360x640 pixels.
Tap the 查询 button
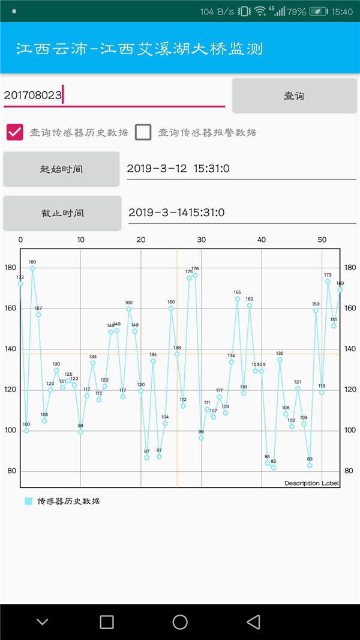pos(294,95)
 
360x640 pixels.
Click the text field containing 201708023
pos(114,95)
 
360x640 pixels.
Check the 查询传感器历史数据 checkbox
pos(15,132)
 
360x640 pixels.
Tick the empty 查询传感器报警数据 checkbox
pos(143,132)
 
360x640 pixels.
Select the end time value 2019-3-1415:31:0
pos(242,212)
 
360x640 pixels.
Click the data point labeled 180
pos(32,268)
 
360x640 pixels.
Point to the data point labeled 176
pos(195,275)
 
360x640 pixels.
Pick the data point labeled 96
pos(201,438)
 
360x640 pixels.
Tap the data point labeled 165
pos(237,298)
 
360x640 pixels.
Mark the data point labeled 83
pos(310,465)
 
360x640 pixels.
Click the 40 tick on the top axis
pos(262,240)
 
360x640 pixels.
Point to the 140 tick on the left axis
pos(11,349)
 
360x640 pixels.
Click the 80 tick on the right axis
pos(349,471)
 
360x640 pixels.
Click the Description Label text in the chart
pos(311,483)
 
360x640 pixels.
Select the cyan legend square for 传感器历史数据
pos(28,501)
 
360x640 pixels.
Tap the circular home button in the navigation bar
pos(180,622)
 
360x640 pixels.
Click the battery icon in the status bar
pos(319,11)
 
